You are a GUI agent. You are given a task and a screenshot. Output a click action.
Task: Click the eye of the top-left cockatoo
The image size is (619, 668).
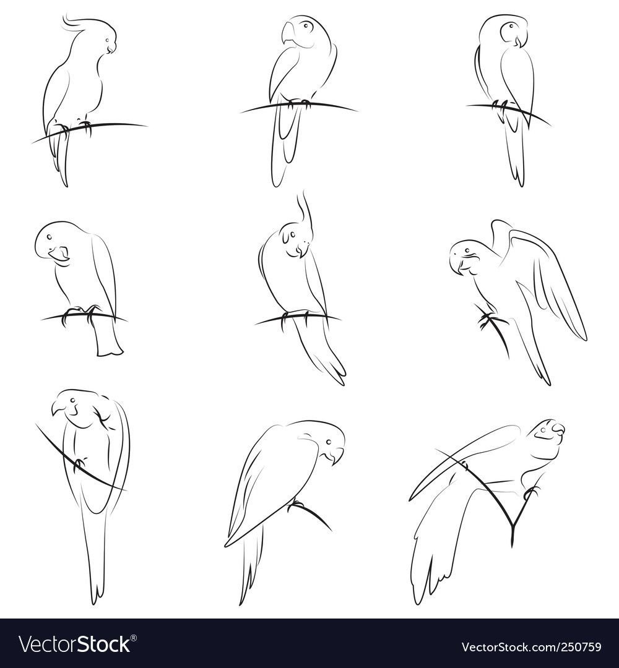click(106, 41)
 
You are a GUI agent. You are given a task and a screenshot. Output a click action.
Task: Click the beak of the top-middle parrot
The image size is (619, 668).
click(288, 33)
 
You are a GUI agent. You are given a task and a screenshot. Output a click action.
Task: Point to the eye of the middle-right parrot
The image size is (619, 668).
click(467, 250)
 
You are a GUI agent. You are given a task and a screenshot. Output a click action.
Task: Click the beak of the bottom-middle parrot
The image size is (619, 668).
click(337, 456)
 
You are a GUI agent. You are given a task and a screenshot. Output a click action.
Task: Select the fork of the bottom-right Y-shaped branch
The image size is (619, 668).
click(513, 524)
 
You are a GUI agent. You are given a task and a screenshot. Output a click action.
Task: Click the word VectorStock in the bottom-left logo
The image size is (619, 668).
click(74, 644)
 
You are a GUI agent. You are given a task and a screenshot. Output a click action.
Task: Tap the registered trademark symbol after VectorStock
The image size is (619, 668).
click(134, 638)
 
